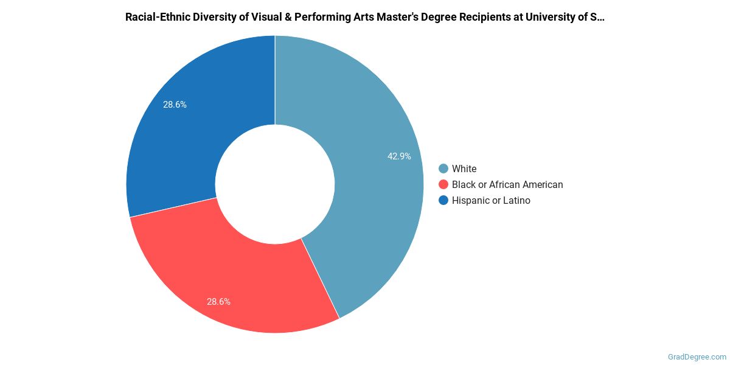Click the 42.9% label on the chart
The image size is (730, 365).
(399, 156)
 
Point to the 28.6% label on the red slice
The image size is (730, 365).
(218, 302)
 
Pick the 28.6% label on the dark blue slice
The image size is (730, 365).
(175, 105)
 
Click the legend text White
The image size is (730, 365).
(464, 169)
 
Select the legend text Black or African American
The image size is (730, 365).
(507, 185)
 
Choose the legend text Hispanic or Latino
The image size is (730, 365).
(491, 201)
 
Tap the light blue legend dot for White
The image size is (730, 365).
(443, 169)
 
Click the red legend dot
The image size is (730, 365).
(443, 185)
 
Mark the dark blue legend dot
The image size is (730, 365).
(443, 201)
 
